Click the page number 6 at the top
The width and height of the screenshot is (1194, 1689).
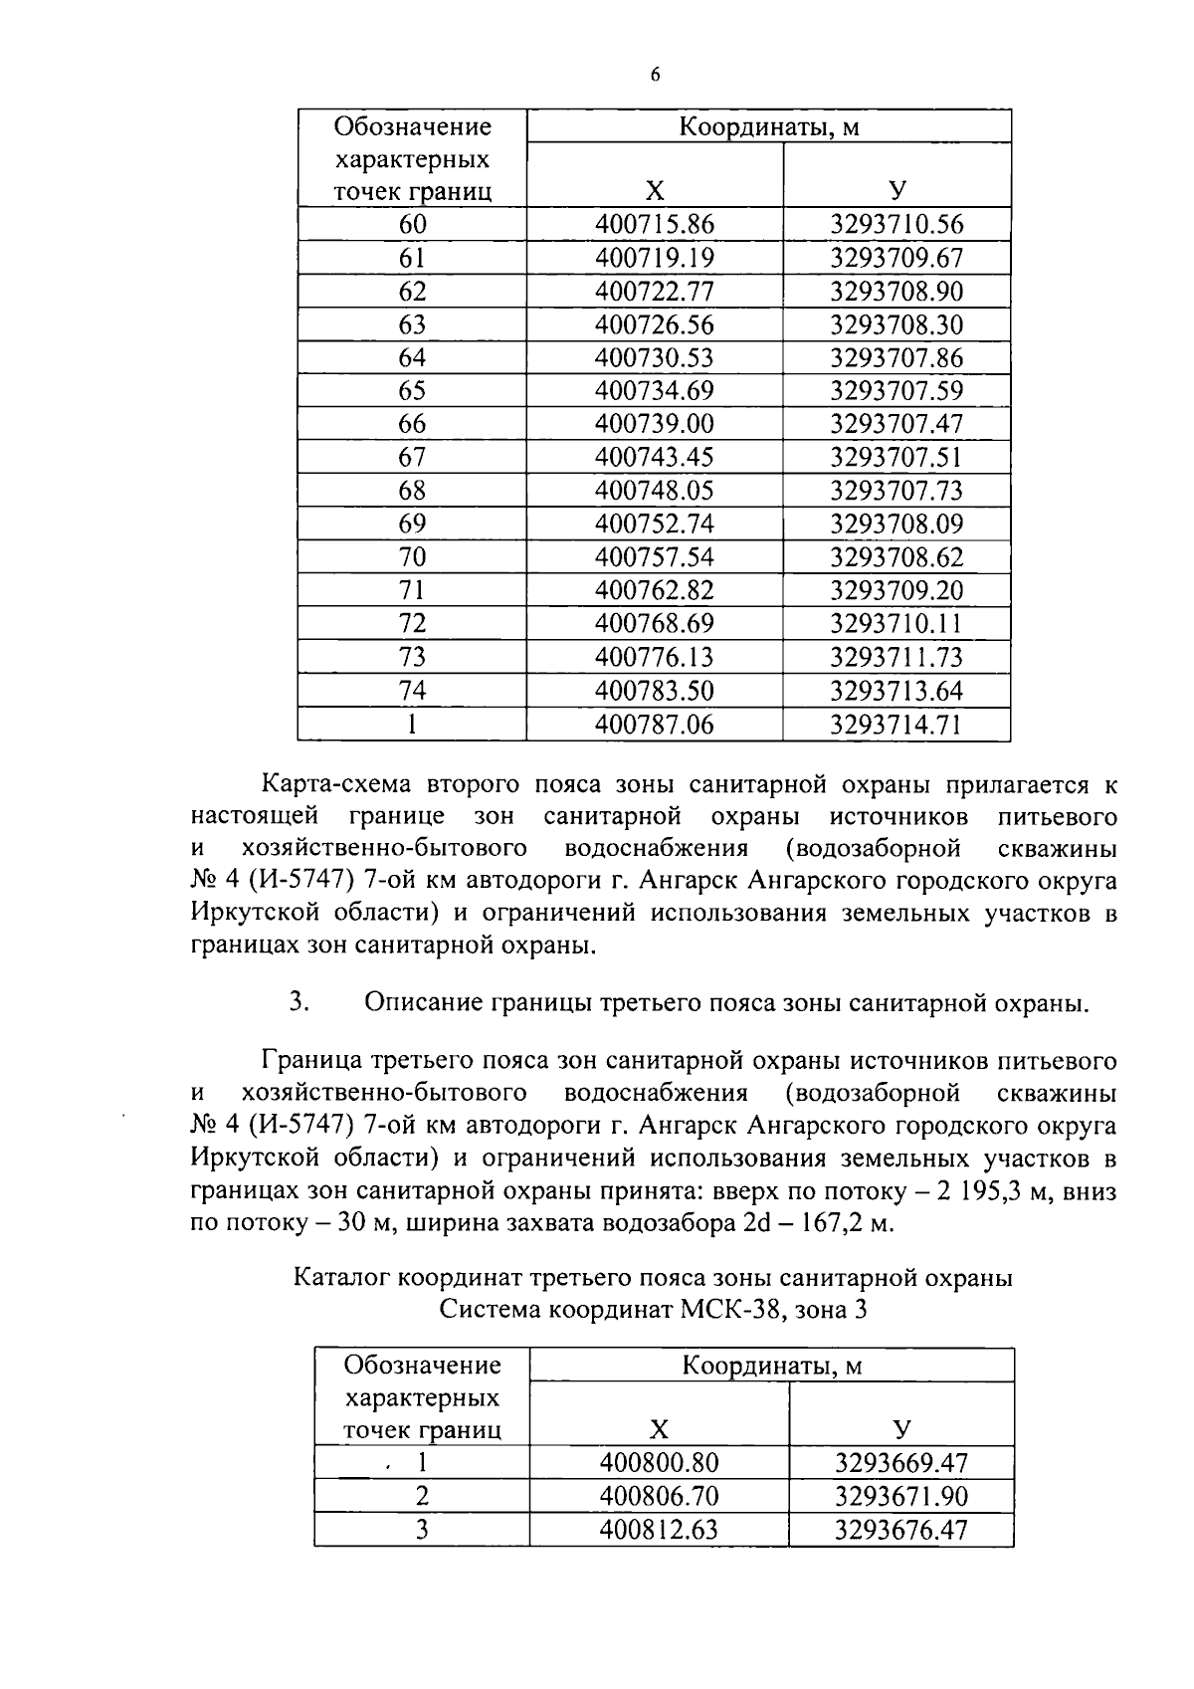click(655, 76)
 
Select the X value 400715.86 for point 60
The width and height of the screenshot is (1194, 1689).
click(654, 225)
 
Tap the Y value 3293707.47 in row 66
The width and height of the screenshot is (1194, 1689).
click(896, 424)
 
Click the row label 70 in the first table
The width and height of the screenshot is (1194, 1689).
click(412, 557)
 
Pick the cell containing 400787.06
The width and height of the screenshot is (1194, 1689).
click(654, 725)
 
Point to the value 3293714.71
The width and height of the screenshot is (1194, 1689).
click(896, 725)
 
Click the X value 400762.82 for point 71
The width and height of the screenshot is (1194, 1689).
click(654, 590)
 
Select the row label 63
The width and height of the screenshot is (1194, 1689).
click(412, 324)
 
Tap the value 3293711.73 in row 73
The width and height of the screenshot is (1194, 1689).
click(896, 657)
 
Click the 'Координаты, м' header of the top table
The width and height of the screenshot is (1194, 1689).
click(768, 127)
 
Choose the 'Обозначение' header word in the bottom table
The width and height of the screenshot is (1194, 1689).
click(422, 1365)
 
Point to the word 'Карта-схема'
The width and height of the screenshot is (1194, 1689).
click(335, 785)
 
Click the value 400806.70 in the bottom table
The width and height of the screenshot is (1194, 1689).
click(659, 1496)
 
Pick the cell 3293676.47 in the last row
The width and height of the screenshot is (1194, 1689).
click(900, 1530)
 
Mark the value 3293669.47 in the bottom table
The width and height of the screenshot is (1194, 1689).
click(900, 1463)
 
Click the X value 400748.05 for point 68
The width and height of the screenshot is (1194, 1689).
click(654, 491)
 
